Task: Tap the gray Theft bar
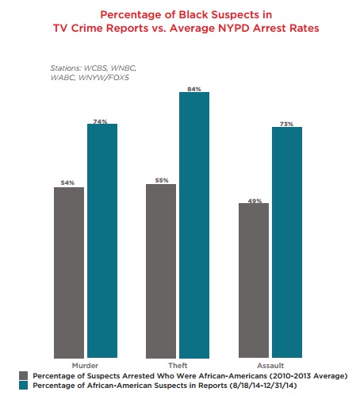click(x=161, y=271)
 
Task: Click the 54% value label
click(x=67, y=182)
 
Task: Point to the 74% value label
click(x=101, y=119)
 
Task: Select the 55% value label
click(x=161, y=180)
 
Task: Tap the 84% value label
click(x=193, y=87)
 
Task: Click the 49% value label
click(x=255, y=200)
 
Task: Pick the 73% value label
click(x=287, y=123)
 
